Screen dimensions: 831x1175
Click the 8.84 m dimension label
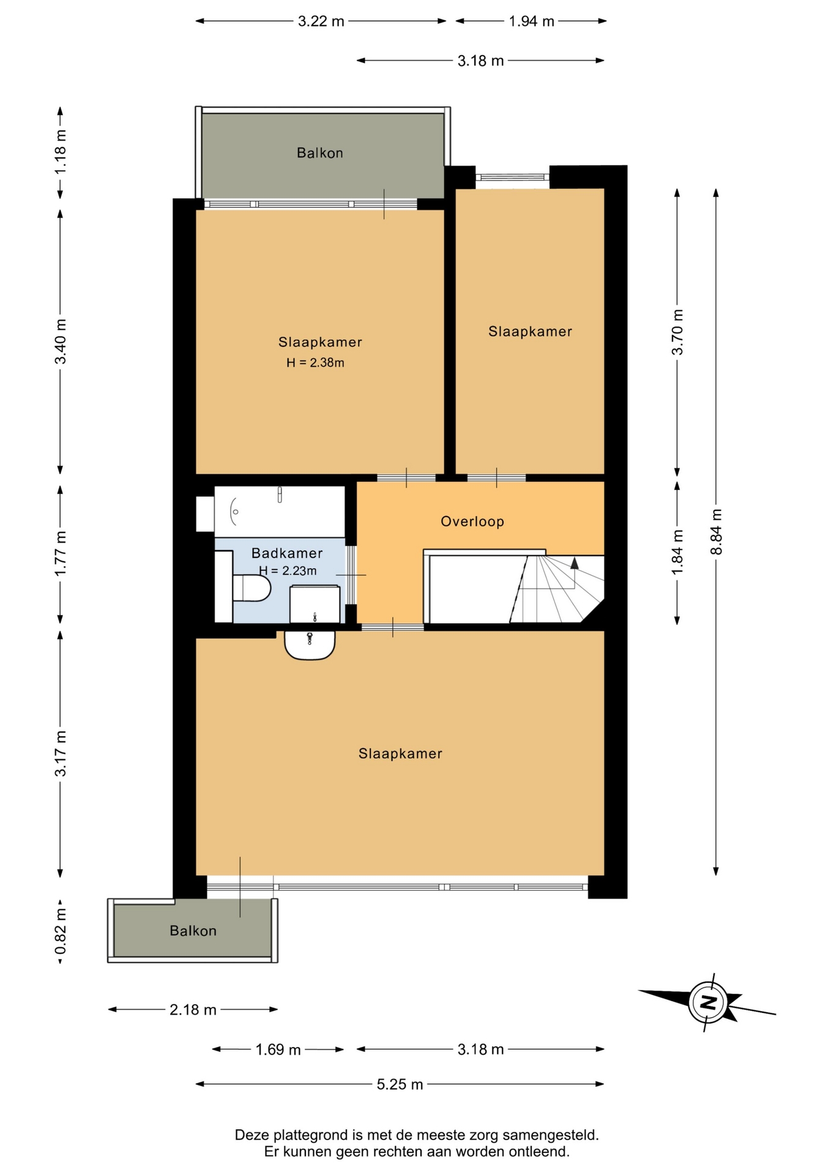click(x=717, y=532)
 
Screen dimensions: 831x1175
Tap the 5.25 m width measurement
click(x=400, y=1084)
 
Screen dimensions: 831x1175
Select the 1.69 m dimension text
click(x=278, y=1050)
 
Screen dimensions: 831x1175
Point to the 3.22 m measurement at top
click(x=321, y=21)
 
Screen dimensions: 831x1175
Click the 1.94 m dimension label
click(x=531, y=21)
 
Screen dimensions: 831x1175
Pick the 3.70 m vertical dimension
click(x=677, y=332)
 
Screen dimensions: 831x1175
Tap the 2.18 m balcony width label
click(x=193, y=1010)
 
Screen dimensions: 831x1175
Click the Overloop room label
click(x=472, y=521)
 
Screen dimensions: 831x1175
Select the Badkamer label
click(x=287, y=553)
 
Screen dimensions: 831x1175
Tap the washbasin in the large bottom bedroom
click(x=310, y=645)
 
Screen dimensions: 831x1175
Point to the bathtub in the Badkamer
click(x=280, y=512)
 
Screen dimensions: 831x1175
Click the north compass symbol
click(x=707, y=1002)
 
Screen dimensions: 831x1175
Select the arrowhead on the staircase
click(x=575, y=564)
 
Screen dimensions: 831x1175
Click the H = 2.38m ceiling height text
click(x=315, y=363)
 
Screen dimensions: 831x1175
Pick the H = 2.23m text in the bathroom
click(x=288, y=571)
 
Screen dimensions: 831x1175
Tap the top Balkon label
click(x=320, y=153)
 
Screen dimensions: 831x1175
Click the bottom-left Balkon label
click(x=193, y=931)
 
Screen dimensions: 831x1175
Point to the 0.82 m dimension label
click(x=61, y=931)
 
